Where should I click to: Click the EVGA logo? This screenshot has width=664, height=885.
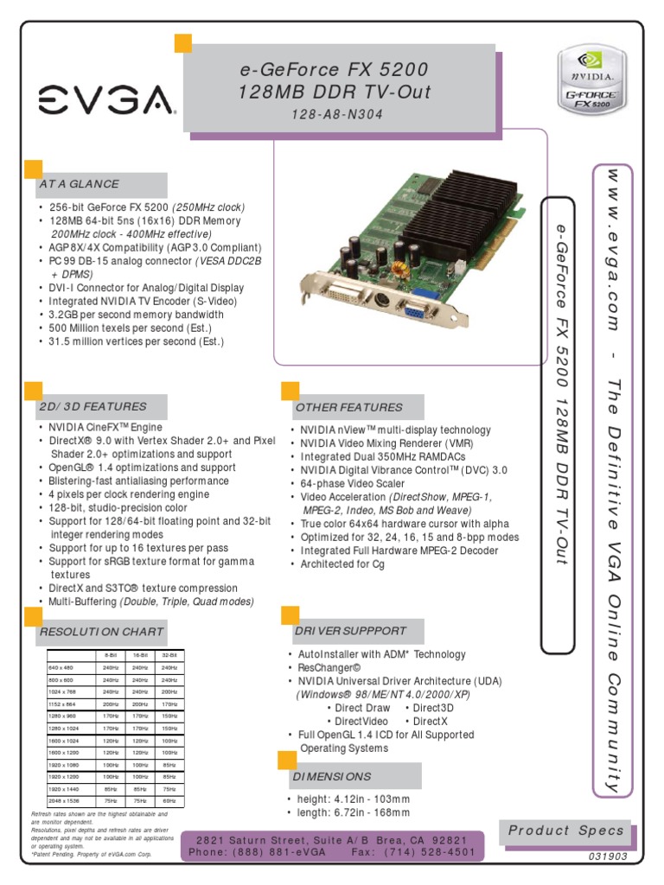tap(106, 102)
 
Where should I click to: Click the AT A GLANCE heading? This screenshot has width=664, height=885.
tap(79, 184)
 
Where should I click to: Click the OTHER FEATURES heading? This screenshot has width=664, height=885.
tap(349, 407)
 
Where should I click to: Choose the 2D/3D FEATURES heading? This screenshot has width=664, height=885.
tap(93, 406)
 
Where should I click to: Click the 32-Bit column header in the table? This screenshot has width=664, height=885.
tap(169, 655)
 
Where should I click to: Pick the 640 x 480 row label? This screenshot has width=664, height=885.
tap(61, 667)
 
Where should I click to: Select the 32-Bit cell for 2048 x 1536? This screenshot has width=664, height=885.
tap(169, 801)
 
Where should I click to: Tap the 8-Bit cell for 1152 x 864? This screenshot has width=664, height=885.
tap(111, 704)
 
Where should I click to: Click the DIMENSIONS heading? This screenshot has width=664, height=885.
tap(332, 776)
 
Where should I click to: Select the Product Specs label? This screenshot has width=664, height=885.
tap(565, 831)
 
